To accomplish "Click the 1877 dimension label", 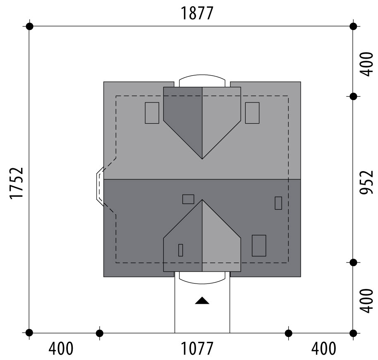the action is pyautogui.click(x=197, y=13).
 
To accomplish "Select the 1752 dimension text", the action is pyautogui.click(x=17, y=183).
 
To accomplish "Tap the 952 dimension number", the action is pyautogui.click(x=366, y=182).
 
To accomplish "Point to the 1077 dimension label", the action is pyautogui.click(x=197, y=348).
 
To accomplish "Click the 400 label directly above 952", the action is pyautogui.click(x=366, y=64).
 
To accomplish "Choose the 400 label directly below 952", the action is pyautogui.click(x=366, y=301).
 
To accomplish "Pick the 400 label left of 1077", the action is pyautogui.click(x=61, y=348).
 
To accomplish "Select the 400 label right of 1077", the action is pyautogui.click(x=324, y=348).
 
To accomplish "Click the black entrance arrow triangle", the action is pyautogui.click(x=202, y=300).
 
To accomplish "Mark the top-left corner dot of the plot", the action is pyautogui.click(x=29, y=26).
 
